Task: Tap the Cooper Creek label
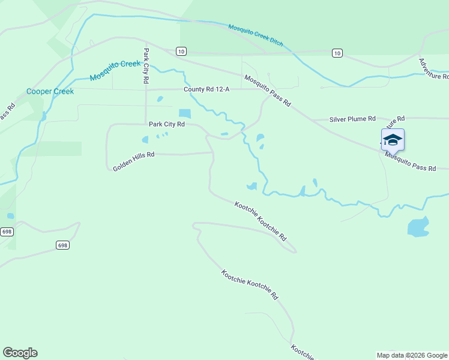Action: [50, 92]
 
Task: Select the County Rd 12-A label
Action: [206, 89]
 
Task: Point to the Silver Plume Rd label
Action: [352, 119]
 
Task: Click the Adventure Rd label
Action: [433, 69]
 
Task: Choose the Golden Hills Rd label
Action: [133, 161]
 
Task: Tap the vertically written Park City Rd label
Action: [146, 65]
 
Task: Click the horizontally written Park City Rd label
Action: [166, 124]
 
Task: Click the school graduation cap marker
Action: [393, 140]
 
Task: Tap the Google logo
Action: [20, 353]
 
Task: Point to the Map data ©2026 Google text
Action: [412, 355]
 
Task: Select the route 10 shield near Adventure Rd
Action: [337, 53]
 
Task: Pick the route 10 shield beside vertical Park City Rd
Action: [181, 51]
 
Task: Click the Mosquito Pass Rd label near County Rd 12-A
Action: [267, 91]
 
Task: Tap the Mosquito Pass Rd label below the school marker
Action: [411, 161]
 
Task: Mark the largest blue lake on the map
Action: [418, 227]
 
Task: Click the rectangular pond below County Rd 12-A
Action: [184, 113]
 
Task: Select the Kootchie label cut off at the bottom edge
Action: [302, 352]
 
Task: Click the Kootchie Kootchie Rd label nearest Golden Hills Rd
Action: [260, 221]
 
